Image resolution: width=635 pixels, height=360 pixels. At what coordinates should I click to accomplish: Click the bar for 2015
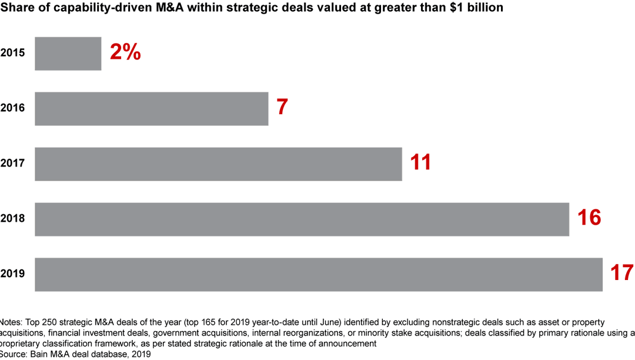(x=68, y=54)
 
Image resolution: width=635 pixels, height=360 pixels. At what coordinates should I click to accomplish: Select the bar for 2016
(x=151, y=109)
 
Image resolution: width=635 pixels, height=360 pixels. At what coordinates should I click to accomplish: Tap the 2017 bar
(x=218, y=164)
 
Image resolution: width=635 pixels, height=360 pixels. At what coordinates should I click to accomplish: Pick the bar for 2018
(x=302, y=219)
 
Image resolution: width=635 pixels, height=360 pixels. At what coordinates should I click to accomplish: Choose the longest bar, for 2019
(x=318, y=275)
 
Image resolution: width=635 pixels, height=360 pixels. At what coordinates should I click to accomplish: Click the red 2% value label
(x=125, y=53)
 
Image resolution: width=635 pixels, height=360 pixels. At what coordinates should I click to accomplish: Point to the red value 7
(x=282, y=108)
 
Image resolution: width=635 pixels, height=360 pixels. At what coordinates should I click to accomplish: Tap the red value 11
(x=420, y=163)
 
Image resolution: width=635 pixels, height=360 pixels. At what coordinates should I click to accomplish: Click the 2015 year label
(x=12, y=54)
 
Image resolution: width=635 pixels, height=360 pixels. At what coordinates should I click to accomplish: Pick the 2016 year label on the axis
(x=12, y=109)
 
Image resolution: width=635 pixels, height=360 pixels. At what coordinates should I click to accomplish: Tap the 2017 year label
(x=12, y=164)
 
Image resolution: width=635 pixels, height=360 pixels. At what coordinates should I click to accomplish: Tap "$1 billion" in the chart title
(x=476, y=8)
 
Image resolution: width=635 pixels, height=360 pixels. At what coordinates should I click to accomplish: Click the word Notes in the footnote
(x=11, y=323)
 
